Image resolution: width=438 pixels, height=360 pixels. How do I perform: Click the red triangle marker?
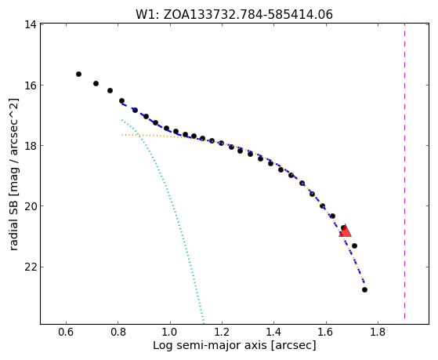[345, 231]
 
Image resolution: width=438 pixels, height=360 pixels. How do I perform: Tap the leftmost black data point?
[79, 75]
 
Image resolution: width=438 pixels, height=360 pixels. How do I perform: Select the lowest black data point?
[364, 289]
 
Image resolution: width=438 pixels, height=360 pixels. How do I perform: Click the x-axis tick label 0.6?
[66, 332]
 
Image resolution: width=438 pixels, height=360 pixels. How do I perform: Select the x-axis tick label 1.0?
[170, 332]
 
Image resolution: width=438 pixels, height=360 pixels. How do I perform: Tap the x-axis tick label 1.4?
[273, 332]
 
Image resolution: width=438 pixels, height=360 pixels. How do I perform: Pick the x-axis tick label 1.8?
[378, 332]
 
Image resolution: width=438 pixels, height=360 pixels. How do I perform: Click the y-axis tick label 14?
[30, 24]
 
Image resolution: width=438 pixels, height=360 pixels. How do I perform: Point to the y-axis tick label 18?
[30, 145]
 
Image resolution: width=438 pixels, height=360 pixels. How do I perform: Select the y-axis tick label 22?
[30, 267]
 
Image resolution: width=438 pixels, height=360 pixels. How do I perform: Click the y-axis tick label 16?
[30, 85]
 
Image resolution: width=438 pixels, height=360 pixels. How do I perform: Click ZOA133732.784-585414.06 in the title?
[248, 15]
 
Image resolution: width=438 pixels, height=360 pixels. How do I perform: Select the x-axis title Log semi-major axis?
[210, 346]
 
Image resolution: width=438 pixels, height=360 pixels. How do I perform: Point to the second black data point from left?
[96, 83]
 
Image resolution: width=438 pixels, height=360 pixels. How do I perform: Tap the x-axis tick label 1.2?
[222, 332]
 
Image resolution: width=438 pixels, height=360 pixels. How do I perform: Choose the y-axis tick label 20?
[30, 205]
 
